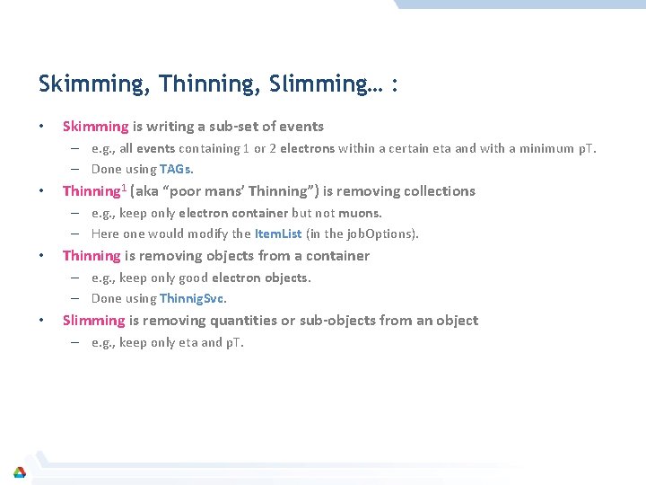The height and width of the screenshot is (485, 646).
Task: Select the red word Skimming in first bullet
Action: click(x=95, y=127)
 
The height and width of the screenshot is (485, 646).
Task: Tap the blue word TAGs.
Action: click(x=176, y=169)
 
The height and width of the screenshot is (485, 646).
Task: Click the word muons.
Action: click(x=361, y=213)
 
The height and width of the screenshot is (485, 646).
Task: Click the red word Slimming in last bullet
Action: click(x=93, y=321)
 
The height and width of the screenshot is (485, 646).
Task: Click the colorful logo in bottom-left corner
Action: click(x=20, y=472)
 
